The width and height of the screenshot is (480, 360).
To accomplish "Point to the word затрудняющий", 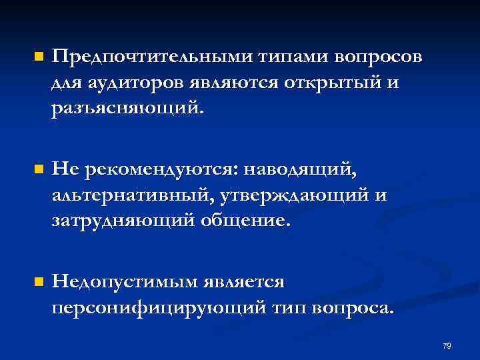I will tap(124, 220).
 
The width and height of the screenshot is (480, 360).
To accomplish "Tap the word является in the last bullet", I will tap(246, 282).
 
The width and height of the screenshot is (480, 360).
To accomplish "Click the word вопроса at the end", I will tap(355, 308).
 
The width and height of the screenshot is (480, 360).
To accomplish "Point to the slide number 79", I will tap(447, 346).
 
